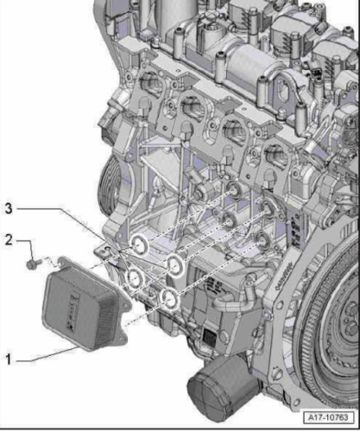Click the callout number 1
9,359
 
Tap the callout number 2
9,239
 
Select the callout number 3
9,208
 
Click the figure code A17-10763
328,417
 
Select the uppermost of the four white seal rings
139,245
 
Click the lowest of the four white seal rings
170,298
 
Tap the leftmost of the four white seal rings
135,277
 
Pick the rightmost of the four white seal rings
174,265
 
